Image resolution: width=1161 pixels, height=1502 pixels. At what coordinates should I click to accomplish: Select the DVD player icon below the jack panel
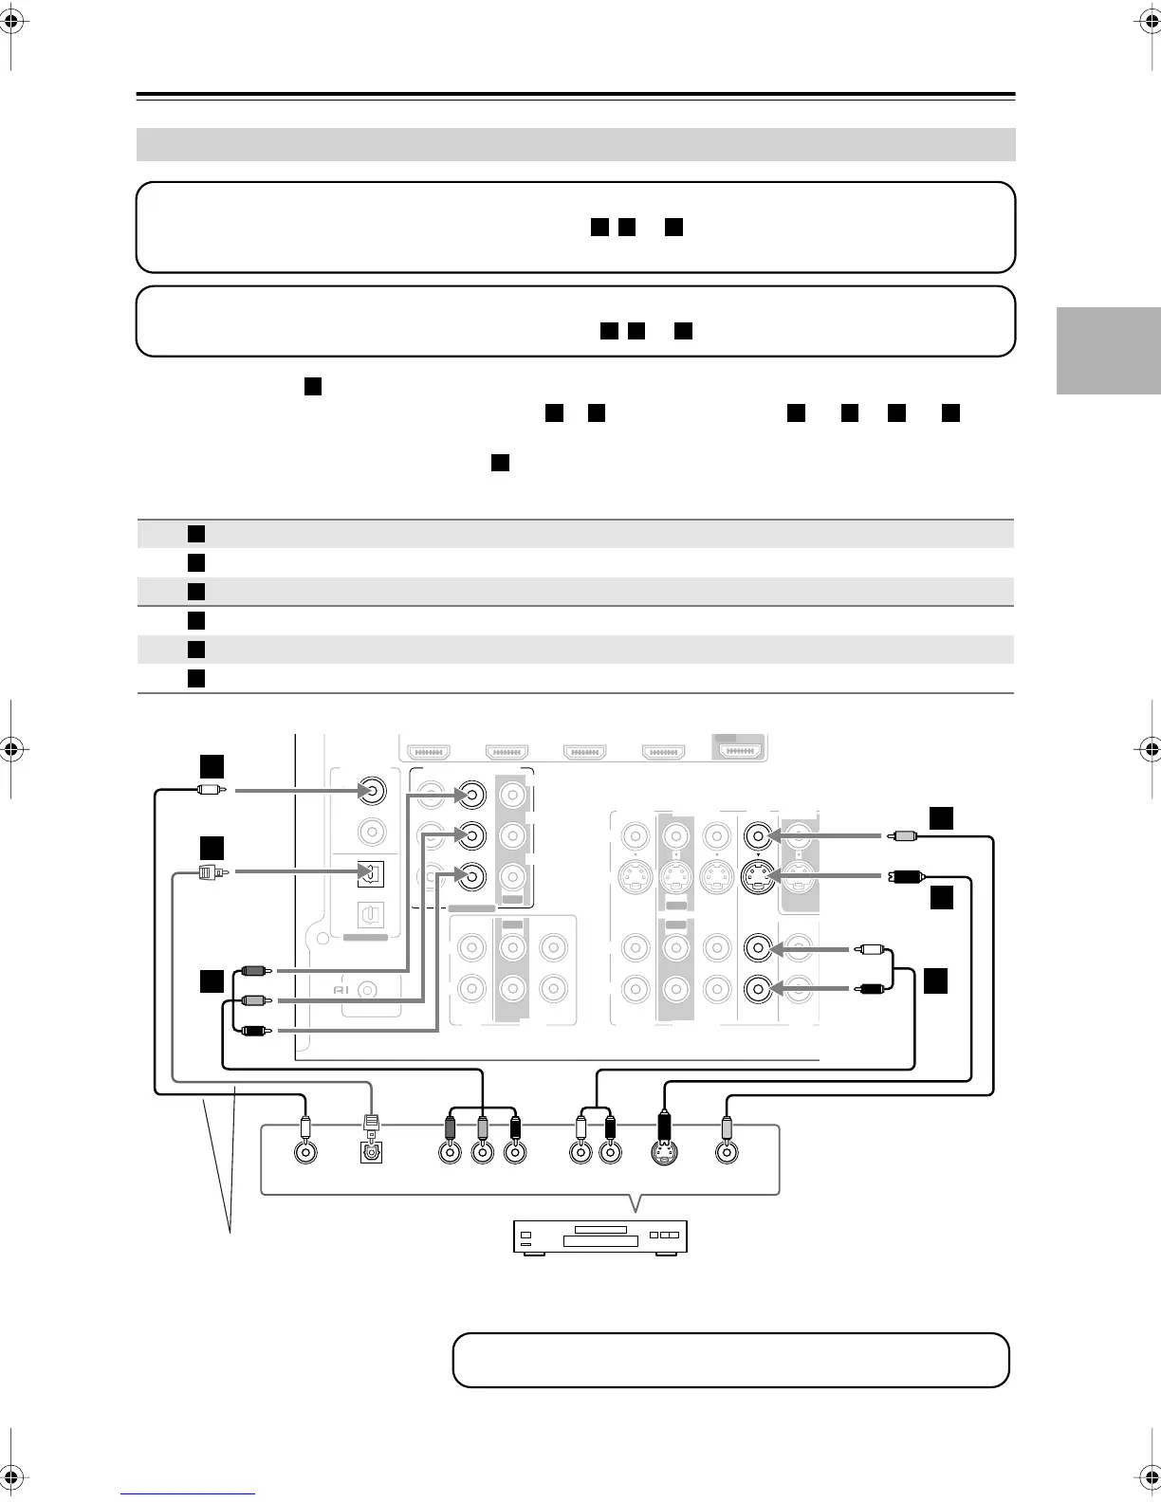[599, 1236]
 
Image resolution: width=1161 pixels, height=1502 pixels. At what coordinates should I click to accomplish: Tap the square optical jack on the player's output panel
[371, 1153]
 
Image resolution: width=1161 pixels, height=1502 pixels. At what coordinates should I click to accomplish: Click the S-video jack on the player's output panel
[664, 1153]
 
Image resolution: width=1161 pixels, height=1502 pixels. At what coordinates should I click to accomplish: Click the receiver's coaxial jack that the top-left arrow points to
[372, 791]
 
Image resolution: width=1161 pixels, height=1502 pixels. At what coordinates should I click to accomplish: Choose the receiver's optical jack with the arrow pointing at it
[370, 873]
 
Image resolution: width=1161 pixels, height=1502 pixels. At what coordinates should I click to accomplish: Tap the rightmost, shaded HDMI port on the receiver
[740, 751]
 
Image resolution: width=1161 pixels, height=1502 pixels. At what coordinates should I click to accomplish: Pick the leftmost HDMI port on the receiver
[430, 753]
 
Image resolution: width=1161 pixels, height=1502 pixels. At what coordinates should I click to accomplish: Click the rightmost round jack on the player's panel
[727, 1153]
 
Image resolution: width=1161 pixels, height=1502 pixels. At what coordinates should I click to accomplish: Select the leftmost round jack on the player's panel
[305, 1153]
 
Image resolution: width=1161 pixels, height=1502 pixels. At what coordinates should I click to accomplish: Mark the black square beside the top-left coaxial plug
[212, 765]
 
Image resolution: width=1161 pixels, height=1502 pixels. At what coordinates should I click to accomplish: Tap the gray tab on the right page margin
[1109, 351]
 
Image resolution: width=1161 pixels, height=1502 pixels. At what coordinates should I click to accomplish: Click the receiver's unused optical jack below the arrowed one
[370, 914]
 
